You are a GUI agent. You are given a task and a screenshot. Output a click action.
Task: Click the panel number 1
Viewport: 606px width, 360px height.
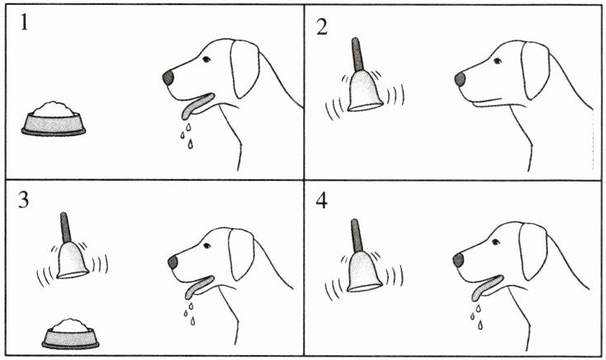[24, 22]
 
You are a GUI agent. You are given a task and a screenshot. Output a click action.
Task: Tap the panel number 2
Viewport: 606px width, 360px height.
[321, 27]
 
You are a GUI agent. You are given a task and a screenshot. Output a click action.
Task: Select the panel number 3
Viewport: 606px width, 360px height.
[24, 201]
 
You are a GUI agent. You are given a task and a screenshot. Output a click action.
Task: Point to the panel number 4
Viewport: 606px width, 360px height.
[321, 201]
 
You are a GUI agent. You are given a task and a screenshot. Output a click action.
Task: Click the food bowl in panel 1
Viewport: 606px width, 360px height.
[54, 119]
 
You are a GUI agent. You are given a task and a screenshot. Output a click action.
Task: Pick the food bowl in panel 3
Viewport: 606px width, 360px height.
[70, 334]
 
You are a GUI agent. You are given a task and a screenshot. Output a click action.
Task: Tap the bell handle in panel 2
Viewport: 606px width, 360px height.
[357, 54]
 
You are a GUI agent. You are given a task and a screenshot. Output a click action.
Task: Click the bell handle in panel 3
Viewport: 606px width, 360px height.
[66, 227]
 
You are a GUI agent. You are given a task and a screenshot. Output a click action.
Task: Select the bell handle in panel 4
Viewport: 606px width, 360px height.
[357, 235]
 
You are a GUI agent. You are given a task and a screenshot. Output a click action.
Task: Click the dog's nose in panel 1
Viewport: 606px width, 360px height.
[168, 78]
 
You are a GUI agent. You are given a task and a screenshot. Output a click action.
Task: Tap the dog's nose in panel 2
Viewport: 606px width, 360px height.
[460, 79]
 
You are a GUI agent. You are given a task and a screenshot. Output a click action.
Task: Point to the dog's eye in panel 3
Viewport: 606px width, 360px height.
[207, 245]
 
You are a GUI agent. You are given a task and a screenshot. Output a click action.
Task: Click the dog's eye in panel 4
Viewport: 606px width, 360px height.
[495, 242]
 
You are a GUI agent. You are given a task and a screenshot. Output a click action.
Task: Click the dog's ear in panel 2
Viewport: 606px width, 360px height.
[535, 70]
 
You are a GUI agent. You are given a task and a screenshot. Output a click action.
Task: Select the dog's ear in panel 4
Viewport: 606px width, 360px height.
[533, 251]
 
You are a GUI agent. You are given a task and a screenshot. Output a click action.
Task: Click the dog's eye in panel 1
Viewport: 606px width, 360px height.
[206, 59]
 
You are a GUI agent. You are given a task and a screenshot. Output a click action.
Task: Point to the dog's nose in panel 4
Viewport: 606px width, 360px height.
[458, 260]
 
